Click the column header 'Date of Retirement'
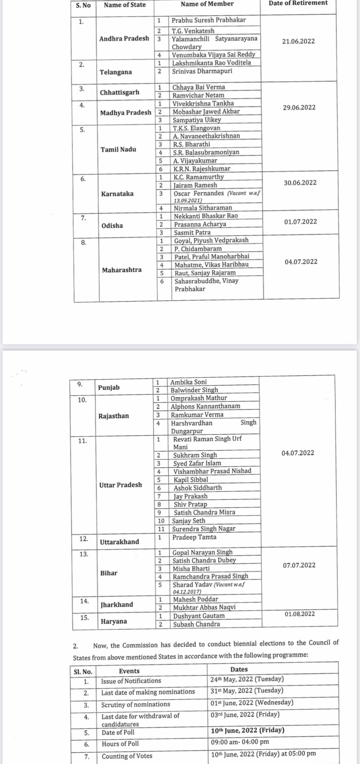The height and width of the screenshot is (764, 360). click(298, 3)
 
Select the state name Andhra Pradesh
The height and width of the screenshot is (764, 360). click(124, 39)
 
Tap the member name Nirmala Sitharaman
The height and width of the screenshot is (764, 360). click(203, 208)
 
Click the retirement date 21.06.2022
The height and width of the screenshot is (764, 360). click(298, 41)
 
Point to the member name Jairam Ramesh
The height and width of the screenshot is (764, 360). click(195, 185)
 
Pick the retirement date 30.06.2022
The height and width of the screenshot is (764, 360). click(300, 183)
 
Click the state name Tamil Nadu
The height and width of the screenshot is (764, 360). click(118, 149)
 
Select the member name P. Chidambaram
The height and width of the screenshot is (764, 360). click(198, 249)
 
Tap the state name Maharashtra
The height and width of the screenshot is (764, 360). click(122, 270)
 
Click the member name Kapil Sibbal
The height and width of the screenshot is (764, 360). click(191, 480)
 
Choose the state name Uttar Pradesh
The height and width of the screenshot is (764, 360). click(120, 485)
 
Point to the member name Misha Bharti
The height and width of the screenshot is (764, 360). click(191, 569)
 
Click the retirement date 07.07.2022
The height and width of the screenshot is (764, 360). click(299, 565)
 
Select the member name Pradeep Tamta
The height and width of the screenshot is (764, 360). click(194, 537)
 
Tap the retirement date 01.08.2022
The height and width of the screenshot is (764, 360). click(300, 614)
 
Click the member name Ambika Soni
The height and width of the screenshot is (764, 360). click(188, 382)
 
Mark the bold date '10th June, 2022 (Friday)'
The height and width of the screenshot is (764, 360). click(248, 730)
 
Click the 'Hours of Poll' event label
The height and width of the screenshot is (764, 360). click(120, 744)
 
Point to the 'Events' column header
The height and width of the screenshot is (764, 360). click(129, 671)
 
